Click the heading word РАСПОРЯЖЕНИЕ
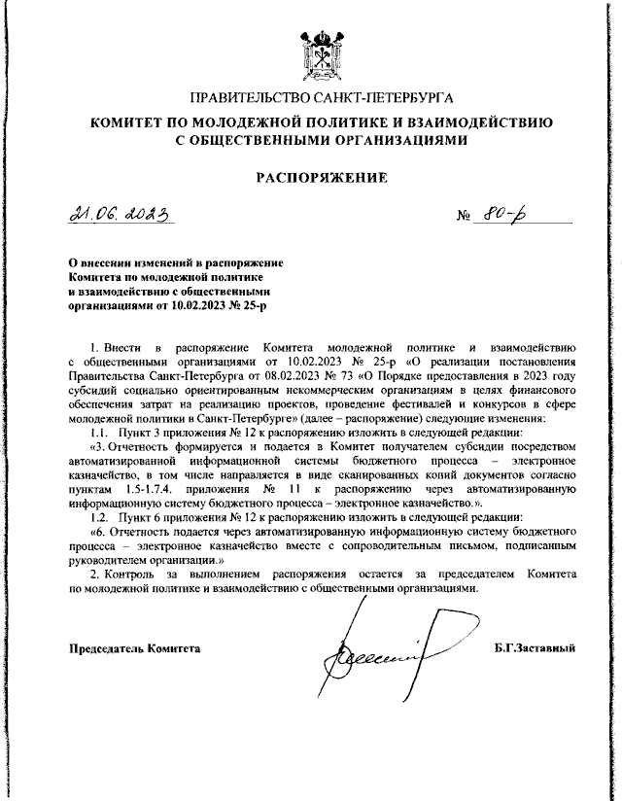321,178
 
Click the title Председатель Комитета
134,647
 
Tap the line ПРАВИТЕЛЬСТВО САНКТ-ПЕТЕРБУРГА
322,98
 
